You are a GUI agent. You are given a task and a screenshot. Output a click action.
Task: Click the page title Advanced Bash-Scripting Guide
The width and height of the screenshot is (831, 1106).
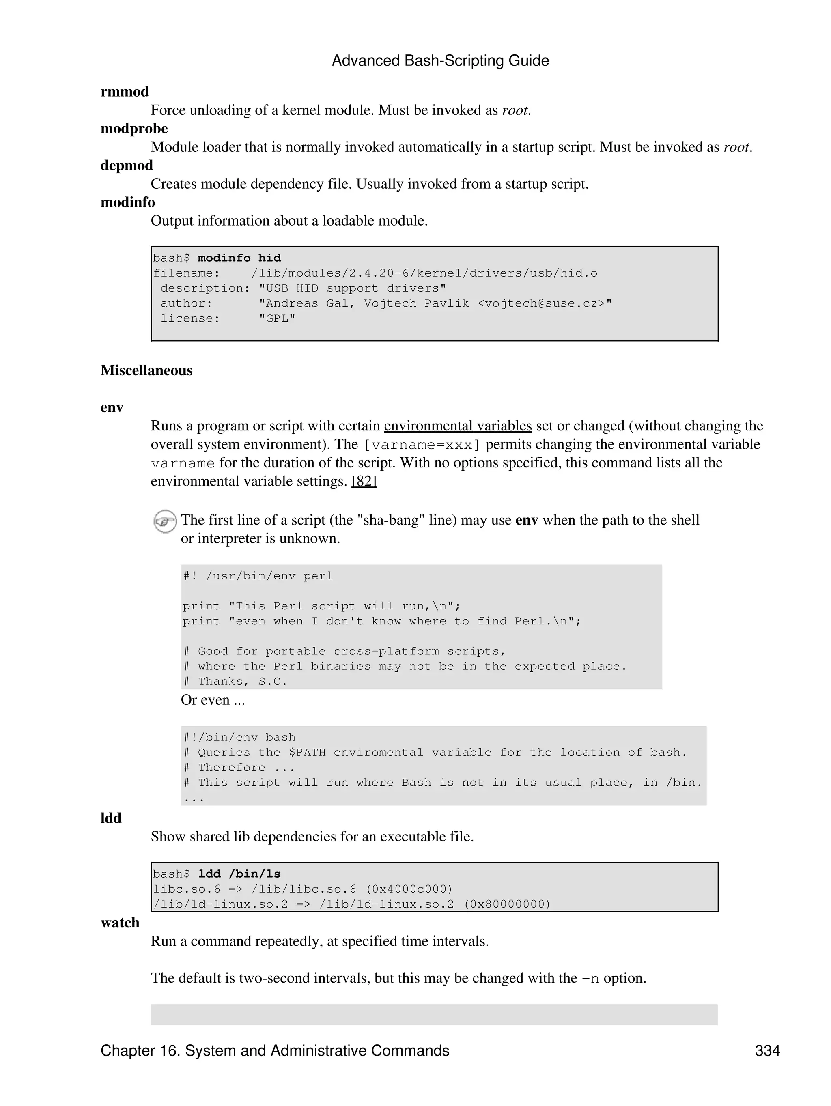click(440, 60)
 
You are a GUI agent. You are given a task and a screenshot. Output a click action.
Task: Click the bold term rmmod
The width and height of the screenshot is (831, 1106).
click(125, 92)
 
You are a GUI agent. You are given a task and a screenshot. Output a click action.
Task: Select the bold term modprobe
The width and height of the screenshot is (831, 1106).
click(134, 129)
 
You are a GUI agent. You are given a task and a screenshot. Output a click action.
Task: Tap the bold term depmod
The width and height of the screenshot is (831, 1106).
click(127, 165)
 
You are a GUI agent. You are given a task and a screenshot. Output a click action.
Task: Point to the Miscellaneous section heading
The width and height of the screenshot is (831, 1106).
click(146, 370)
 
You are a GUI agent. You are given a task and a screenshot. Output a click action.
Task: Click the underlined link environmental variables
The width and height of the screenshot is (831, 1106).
click(458, 426)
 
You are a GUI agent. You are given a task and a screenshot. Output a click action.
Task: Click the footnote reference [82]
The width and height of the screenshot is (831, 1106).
click(364, 481)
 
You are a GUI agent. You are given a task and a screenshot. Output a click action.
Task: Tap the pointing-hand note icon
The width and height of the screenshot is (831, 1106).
click(164, 521)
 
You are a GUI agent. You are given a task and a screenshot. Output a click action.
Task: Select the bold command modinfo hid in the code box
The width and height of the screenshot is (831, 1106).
click(239, 258)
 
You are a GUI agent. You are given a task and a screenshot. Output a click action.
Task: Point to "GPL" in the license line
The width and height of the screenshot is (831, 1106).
click(277, 318)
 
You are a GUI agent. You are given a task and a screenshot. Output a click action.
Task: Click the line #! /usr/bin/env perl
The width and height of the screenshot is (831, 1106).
click(258, 576)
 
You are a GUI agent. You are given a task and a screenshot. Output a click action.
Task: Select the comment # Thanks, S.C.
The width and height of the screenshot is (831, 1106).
click(235, 682)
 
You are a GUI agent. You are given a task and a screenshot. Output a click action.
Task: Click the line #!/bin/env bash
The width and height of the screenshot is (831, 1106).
click(239, 738)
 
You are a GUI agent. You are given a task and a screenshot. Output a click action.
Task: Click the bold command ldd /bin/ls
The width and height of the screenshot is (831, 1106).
click(239, 874)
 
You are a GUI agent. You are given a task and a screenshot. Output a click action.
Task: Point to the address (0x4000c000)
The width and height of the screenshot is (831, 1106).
click(409, 889)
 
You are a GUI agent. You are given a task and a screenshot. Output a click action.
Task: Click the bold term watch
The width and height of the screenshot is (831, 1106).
click(120, 923)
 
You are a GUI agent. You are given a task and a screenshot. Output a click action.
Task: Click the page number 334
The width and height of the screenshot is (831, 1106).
click(767, 1050)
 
